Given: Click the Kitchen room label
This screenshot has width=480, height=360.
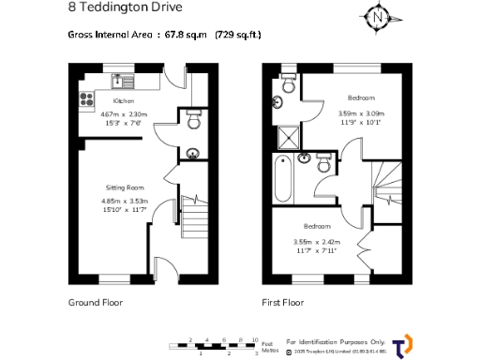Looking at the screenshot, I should pyautogui.click(x=124, y=100).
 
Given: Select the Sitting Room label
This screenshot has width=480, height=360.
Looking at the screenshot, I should pyautogui.click(x=124, y=187).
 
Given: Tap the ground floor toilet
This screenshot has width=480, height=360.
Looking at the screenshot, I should pyautogui.click(x=193, y=121).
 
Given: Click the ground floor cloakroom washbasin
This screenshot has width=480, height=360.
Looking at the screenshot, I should pyautogui.click(x=193, y=155).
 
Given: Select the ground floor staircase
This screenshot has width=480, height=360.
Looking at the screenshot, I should pyautogui.click(x=193, y=220).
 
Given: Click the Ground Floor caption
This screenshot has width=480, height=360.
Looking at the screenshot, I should pyautogui.click(x=96, y=303).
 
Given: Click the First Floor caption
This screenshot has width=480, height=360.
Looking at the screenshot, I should pyautogui.click(x=282, y=303).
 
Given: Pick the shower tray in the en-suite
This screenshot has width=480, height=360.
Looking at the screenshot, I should pyautogui.click(x=285, y=140).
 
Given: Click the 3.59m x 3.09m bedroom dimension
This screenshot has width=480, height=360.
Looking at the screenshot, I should pyautogui.click(x=361, y=117).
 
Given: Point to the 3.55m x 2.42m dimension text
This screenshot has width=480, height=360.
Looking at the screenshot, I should pyautogui.click(x=314, y=246).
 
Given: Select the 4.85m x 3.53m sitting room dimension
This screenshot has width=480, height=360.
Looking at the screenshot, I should pyautogui.click(x=124, y=205).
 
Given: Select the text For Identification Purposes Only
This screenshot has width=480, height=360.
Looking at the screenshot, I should pyautogui.click(x=337, y=341).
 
